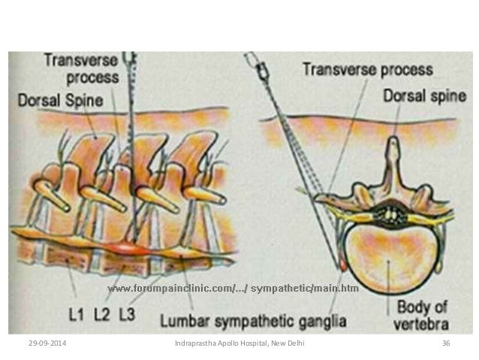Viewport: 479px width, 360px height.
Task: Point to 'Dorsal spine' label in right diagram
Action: point(417,95)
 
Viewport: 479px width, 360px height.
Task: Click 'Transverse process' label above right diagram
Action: point(367,69)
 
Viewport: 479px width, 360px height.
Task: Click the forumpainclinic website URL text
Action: point(233,288)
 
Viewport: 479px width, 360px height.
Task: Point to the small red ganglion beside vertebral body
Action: point(343,265)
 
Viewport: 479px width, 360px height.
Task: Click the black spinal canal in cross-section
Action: point(391,215)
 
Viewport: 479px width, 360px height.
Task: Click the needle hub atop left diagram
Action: point(131,59)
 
